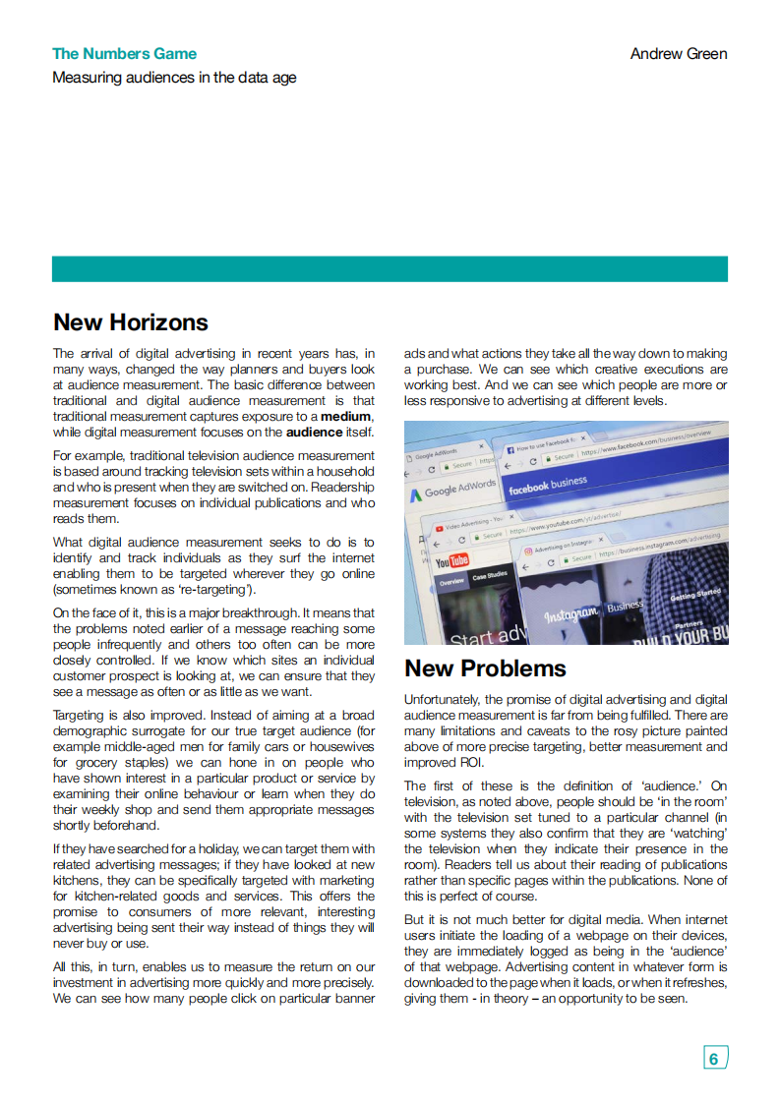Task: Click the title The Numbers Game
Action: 124,54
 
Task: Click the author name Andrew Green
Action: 679,54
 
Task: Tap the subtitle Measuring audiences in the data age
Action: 174,78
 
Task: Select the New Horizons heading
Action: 131,322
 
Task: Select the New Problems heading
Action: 485,668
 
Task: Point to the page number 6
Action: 714,1058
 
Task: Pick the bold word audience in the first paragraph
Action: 313,433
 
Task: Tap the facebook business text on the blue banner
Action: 547,485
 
